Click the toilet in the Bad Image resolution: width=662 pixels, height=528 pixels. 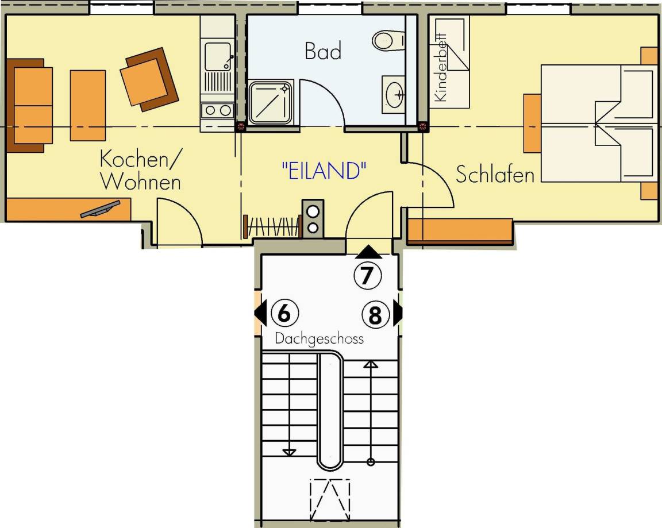pos(388,40)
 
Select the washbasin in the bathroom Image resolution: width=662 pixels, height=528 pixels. pos(394,95)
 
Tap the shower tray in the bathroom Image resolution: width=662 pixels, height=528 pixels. pos(271,103)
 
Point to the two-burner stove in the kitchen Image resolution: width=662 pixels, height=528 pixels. pos(218,110)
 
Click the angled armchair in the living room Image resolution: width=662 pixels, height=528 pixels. pos(149,79)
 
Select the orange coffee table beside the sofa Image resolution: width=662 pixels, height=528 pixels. pos(88,106)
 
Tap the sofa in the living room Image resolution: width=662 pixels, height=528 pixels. pos(29,106)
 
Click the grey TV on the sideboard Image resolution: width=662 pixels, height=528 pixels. pos(100,209)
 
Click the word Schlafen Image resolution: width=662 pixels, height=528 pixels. pos(495,174)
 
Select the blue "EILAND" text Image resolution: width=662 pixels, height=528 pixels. pos(324,171)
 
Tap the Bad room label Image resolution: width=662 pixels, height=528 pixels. pos(323,51)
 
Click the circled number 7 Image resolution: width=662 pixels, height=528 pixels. pos(367,276)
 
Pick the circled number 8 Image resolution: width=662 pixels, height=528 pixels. pos(375,315)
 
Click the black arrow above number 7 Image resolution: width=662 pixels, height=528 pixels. pos(368,252)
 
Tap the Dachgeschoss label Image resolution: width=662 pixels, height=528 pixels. pos(319,339)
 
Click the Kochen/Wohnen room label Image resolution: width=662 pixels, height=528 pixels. pos(140,171)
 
